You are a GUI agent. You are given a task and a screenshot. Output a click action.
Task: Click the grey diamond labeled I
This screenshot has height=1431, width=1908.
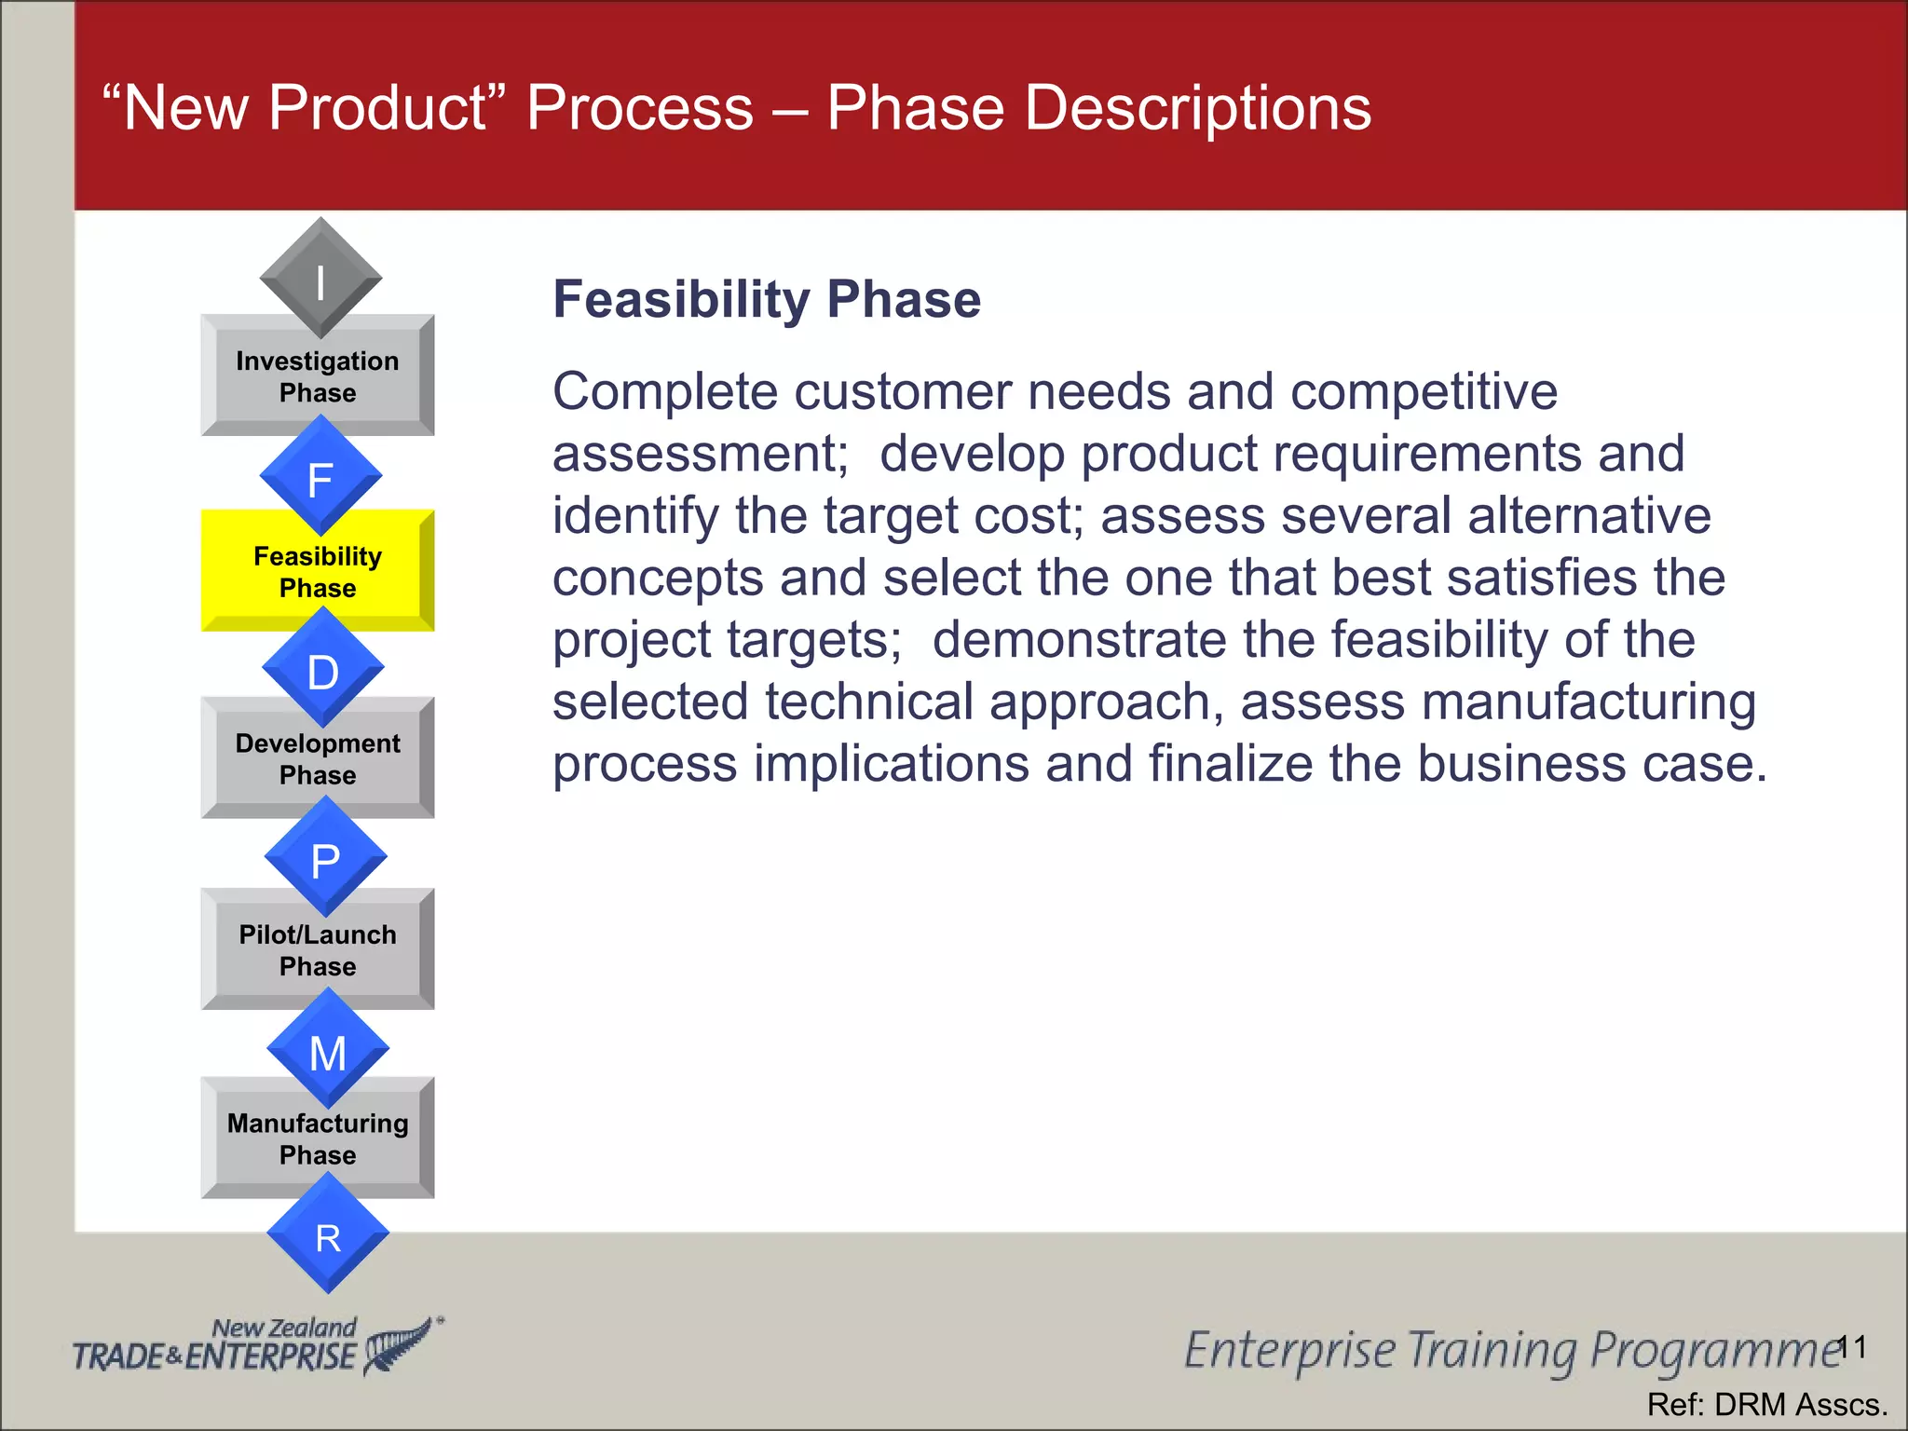[320, 279]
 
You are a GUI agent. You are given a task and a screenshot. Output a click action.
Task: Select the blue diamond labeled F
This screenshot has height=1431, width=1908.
[320, 476]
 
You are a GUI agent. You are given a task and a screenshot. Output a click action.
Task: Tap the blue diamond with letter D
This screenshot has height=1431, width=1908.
[323, 668]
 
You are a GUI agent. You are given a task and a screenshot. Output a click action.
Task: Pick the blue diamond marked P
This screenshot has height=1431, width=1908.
[325, 857]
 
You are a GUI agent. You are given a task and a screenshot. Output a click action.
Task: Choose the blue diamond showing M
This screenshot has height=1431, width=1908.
[327, 1050]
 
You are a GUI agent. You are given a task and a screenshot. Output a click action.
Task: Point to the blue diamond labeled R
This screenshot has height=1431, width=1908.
[328, 1234]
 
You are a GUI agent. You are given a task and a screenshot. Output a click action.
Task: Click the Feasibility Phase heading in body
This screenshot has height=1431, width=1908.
[766, 300]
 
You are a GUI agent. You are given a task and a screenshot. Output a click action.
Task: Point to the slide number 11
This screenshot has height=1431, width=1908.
[1852, 1347]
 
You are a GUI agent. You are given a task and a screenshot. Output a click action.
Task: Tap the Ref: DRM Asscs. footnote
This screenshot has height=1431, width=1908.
[1766, 1404]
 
